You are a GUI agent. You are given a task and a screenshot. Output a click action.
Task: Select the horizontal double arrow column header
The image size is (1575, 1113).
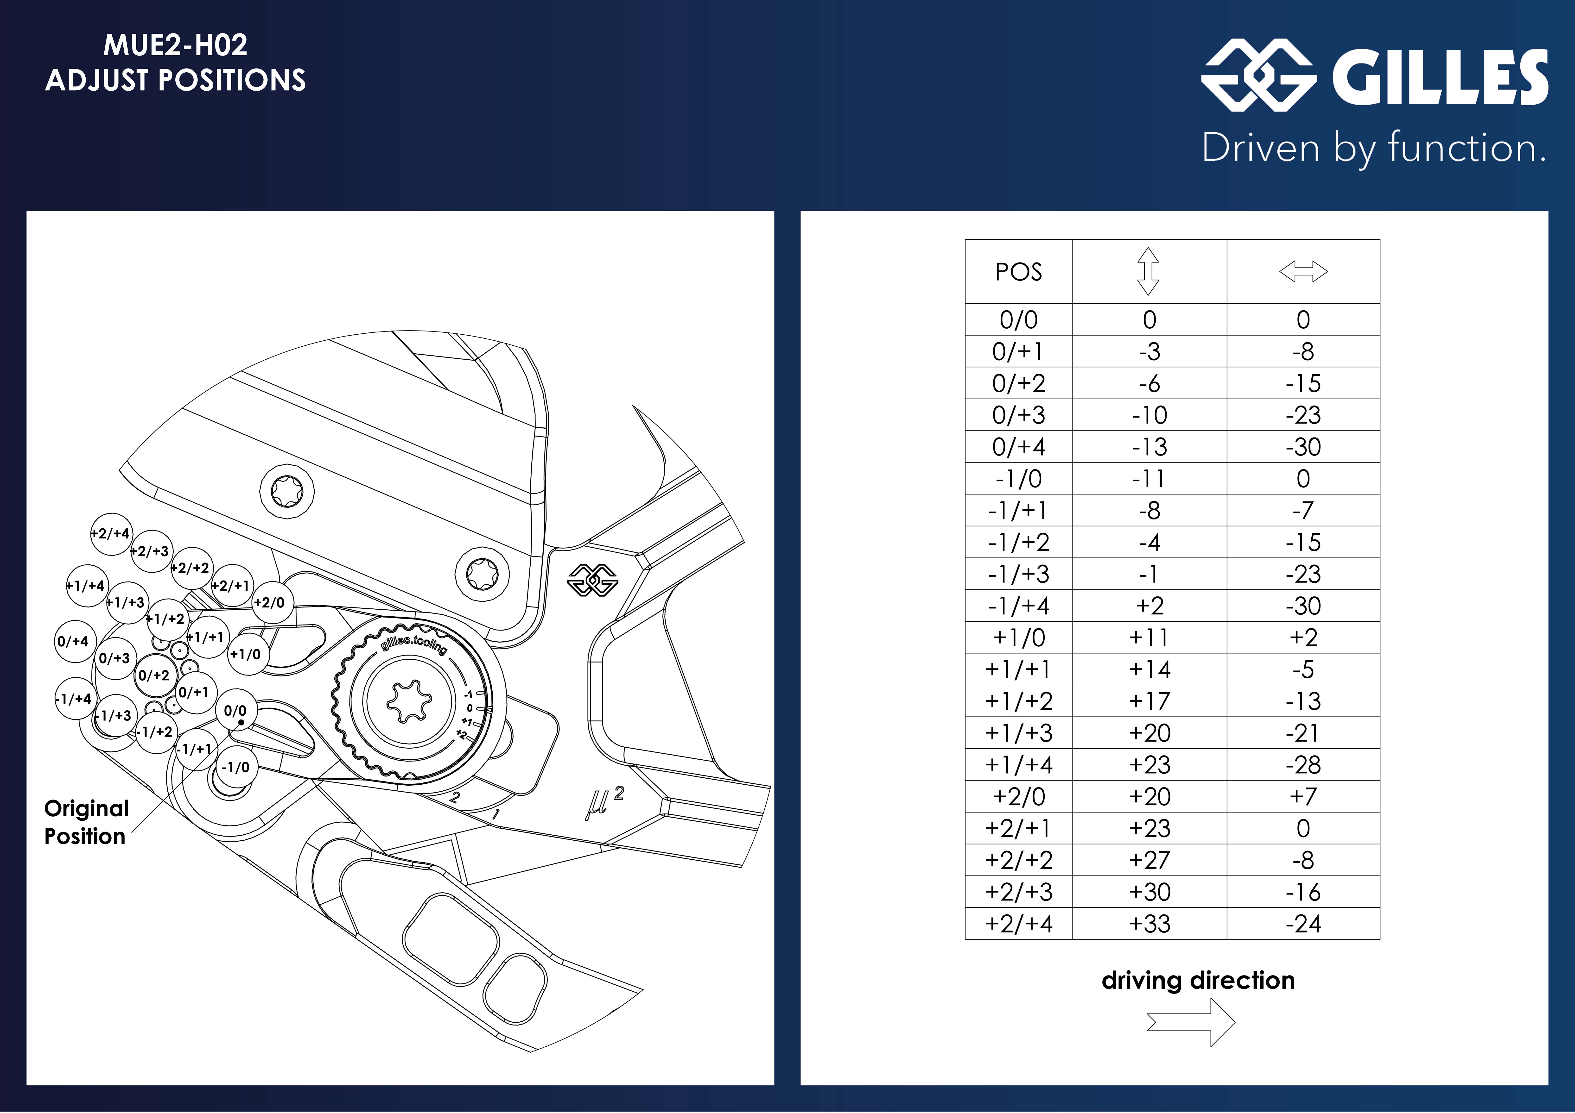1303,272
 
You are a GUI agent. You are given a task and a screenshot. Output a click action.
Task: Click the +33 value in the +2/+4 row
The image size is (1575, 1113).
1149,924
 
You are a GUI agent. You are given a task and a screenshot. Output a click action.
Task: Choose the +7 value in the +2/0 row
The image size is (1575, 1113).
1303,796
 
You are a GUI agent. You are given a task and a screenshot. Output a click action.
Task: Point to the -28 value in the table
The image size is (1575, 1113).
1303,765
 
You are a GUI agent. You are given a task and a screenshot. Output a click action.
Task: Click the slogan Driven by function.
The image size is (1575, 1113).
1374,147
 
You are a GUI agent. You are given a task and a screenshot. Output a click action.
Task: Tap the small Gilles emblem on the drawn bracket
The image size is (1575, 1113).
593,580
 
